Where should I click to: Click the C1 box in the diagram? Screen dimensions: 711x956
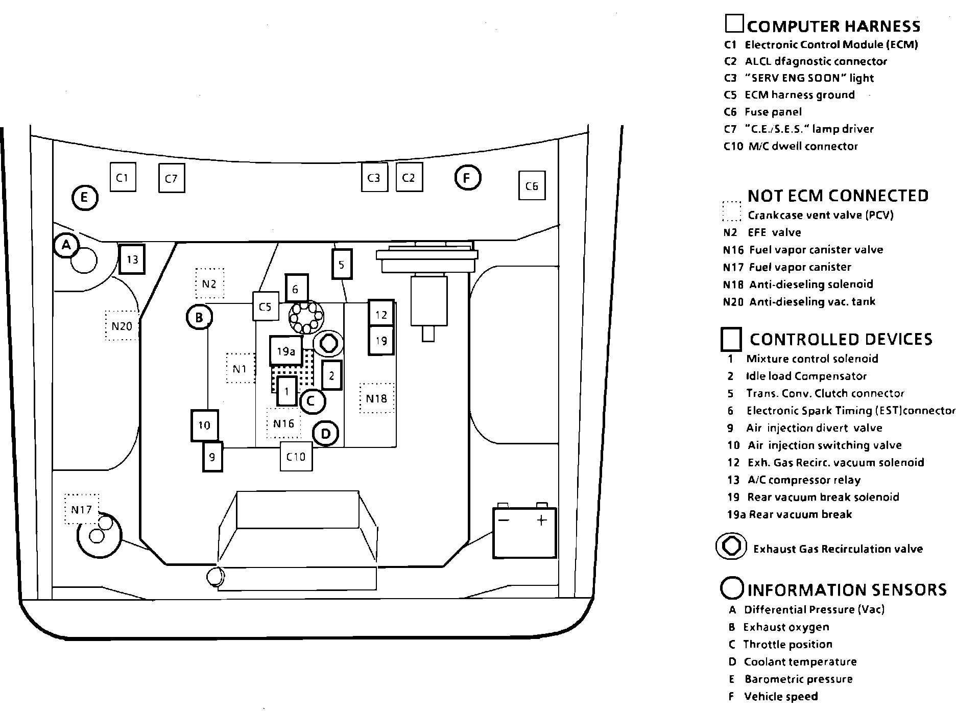coord(123,177)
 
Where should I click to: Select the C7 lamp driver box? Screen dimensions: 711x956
coord(171,178)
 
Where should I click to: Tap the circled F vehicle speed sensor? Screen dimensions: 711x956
coord(467,178)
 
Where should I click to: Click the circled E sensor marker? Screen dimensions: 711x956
coord(85,198)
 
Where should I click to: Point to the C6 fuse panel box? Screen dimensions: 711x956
coord(532,186)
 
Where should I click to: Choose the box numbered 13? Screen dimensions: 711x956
coord(132,259)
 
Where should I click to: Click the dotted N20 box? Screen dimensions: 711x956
coord(122,325)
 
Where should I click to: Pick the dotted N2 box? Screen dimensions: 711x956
coord(209,283)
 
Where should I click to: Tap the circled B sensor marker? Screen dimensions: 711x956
coord(199,318)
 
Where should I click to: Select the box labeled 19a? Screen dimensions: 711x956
coord(286,351)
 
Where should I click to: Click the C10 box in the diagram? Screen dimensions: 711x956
coord(296,456)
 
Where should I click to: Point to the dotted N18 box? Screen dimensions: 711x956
coord(376,398)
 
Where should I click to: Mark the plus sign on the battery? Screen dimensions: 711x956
coord(542,520)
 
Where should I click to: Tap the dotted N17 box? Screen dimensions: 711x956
coord(82,509)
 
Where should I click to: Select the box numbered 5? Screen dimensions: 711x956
coord(342,264)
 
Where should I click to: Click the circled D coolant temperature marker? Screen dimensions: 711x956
coord(325,434)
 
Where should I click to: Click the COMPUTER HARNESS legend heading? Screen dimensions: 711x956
coord(833,26)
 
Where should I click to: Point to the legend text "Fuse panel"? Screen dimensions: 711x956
coord(773,112)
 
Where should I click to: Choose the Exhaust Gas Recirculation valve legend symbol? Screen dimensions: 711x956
coord(731,547)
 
